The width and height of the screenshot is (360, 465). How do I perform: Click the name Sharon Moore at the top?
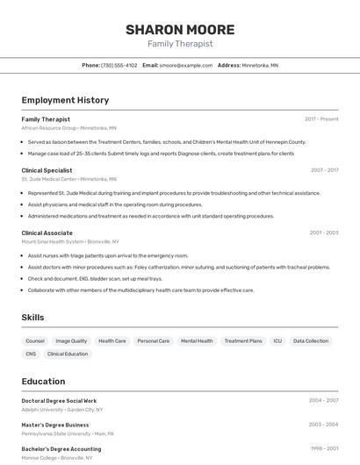pyautogui.click(x=179, y=29)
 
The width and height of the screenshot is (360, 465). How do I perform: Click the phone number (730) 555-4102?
pyautogui.click(x=119, y=65)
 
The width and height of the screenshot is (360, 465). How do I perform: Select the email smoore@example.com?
pyautogui.click(x=186, y=65)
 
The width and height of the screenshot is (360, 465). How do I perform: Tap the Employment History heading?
pyautogui.click(x=65, y=100)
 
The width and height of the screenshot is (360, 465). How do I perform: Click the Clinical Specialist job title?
pyautogui.click(x=47, y=170)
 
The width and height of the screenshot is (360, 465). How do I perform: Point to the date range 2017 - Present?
pyautogui.click(x=321, y=119)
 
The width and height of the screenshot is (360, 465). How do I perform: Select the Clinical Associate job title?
pyautogui.click(x=47, y=232)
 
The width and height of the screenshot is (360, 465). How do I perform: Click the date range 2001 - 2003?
pyautogui.click(x=323, y=232)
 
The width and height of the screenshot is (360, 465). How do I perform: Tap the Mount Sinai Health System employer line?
pyautogui.click(x=70, y=241)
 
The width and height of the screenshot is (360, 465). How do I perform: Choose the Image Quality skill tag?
pyautogui.click(x=71, y=340)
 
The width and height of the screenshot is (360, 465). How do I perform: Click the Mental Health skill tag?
pyautogui.click(x=197, y=340)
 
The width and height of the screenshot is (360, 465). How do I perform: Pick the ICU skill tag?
pyautogui.click(x=277, y=340)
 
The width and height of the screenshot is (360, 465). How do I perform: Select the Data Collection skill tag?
pyautogui.click(x=311, y=340)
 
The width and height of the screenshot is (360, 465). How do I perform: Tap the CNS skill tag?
pyautogui.click(x=31, y=354)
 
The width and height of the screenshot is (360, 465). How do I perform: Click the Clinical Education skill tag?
pyautogui.click(x=68, y=354)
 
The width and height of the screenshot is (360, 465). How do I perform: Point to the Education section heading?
pyautogui.click(x=43, y=381)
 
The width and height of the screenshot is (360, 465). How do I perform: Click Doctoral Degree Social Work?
pyautogui.click(x=59, y=400)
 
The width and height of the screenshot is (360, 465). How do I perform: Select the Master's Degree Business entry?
pyautogui.click(x=55, y=425)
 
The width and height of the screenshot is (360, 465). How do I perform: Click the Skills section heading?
pyautogui.click(x=32, y=318)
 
